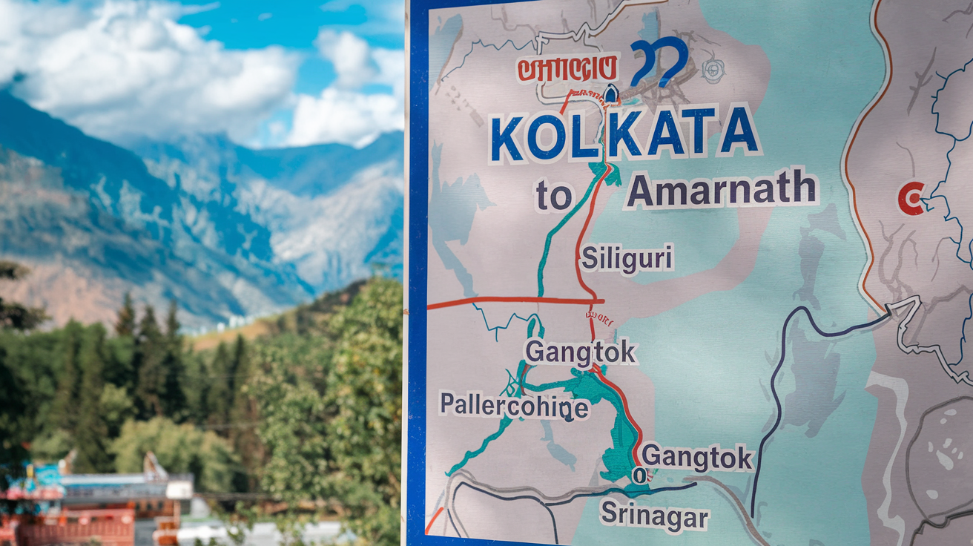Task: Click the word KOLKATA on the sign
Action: pos(624,135)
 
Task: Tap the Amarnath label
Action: pos(722,190)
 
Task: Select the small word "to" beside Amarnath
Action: pos(554,197)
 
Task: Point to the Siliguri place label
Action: pos(627,259)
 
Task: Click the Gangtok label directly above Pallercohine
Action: pos(581,352)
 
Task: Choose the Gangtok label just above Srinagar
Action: pos(697,457)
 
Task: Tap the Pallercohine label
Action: pos(514,407)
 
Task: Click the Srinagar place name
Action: pos(654,516)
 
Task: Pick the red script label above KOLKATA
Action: pos(568,68)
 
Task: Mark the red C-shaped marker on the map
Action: pos(910,198)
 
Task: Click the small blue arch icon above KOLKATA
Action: pos(610,94)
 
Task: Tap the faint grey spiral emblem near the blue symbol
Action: pos(713,69)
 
